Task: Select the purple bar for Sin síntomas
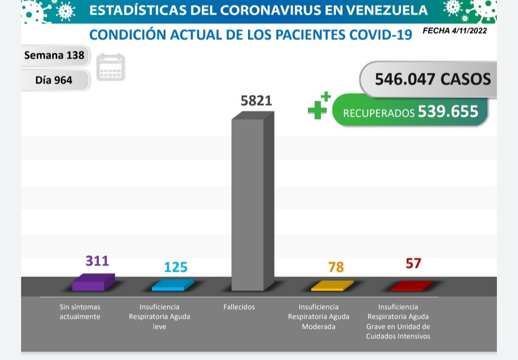pos(93,283)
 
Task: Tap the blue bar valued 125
pos(173,285)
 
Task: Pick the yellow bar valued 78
pos(332,286)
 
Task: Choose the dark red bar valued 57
pos(412,287)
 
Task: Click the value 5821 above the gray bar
pos(256,101)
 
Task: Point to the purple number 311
pos(97,261)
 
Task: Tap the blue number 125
pos(176,267)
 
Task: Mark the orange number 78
pos(336,267)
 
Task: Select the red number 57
pos(413,264)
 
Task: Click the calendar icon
pos(111,67)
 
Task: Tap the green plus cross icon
pos(319,106)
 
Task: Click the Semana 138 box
pos(54,55)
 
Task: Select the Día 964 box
pos(54,80)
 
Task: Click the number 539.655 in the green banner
pos(448,111)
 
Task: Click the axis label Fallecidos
pos(239,307)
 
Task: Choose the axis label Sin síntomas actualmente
pos(80,312)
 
